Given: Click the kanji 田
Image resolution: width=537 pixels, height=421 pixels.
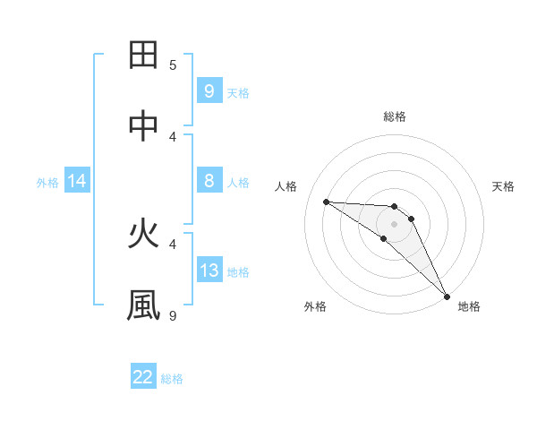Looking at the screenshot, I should [x=144, y=56].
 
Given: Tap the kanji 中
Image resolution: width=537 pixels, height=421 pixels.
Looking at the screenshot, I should [x=144, y=127].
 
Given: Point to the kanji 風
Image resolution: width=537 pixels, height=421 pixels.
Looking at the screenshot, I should [x=144, y=305].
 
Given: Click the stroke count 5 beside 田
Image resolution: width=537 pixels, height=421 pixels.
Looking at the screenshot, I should [x=173, y=64].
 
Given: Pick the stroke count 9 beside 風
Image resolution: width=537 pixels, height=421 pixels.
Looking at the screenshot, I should [x=173, y=315].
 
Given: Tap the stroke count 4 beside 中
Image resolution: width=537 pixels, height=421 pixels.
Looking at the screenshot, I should [x=173, y=136].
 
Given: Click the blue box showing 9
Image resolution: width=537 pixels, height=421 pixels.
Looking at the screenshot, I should [x=209, y=90].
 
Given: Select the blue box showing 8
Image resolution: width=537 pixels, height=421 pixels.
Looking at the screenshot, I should [x=209, y=180].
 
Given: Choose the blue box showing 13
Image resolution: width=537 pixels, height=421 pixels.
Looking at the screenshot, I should [x=209, y=270].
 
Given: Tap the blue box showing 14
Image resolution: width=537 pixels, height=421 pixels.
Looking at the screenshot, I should [x=77, y=181].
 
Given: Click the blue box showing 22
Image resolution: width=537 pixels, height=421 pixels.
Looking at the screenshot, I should [x=143, y=377].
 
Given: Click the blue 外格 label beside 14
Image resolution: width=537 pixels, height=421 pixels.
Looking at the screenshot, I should [x=47, y=182].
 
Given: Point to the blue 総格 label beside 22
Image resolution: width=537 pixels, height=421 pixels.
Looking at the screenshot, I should [x=172, y=378].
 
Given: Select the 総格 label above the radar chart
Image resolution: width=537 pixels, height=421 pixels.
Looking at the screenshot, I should [x=395, y=116].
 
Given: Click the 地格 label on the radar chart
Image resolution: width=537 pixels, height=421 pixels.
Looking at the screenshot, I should [x=469, y=306].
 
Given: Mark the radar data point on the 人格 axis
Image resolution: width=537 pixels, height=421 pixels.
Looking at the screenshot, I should [x=326, y=202].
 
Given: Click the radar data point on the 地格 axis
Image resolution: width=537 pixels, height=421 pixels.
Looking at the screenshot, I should [x=447, y=296].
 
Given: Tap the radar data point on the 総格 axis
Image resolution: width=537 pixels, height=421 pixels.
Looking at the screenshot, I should [x=394, y=207].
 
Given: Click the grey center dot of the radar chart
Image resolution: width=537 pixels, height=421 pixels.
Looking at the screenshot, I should [x=394, y=224].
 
